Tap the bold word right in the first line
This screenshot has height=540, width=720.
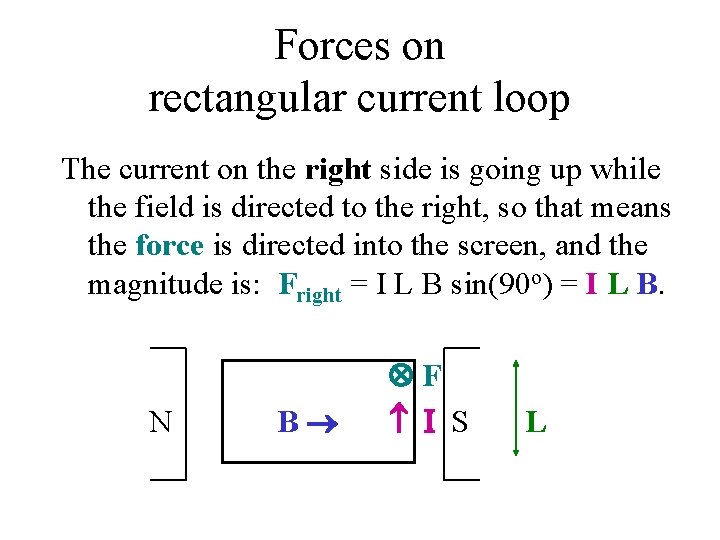point(337,170)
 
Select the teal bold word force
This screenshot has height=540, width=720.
point(169,245)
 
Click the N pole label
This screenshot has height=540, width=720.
point(160,422)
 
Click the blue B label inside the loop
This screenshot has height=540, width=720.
point(287,422)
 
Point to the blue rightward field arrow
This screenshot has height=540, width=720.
point(326,422)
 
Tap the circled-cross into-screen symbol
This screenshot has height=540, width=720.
point(400,376)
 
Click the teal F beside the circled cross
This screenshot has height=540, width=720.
point(431,377)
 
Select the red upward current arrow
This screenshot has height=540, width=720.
point(399,421)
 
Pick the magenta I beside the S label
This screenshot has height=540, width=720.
point(429,422)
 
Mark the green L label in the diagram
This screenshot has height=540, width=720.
point(536,422)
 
